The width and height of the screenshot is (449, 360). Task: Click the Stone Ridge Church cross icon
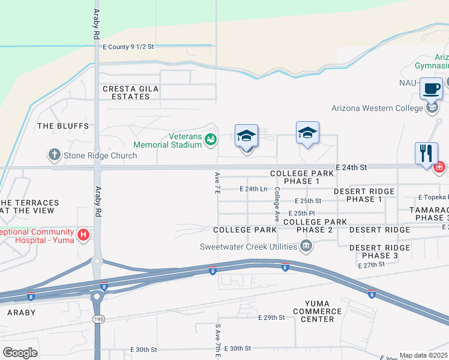(x=55, y=155)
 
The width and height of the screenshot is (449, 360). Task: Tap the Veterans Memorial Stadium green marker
(x=211, y=140)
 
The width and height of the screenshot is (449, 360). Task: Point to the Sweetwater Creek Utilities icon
(x=306, y=246)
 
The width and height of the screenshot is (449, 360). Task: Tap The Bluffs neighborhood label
(x=63, y=126)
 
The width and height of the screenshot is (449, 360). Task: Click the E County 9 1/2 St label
(x=128, y=46)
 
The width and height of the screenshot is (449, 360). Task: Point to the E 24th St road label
(x=351, y=166)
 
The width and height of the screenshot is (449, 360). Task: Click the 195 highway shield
(x=97, y=319)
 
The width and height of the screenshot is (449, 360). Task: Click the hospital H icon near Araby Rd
(x=83, y=233)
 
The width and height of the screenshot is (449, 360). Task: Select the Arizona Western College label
(x=378, y=109)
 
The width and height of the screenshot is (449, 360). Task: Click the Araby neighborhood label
(x=22, y=313)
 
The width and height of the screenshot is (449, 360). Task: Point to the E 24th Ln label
(x=253, y=189)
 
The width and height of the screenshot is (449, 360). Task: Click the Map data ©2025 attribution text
(x=423, y=355)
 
